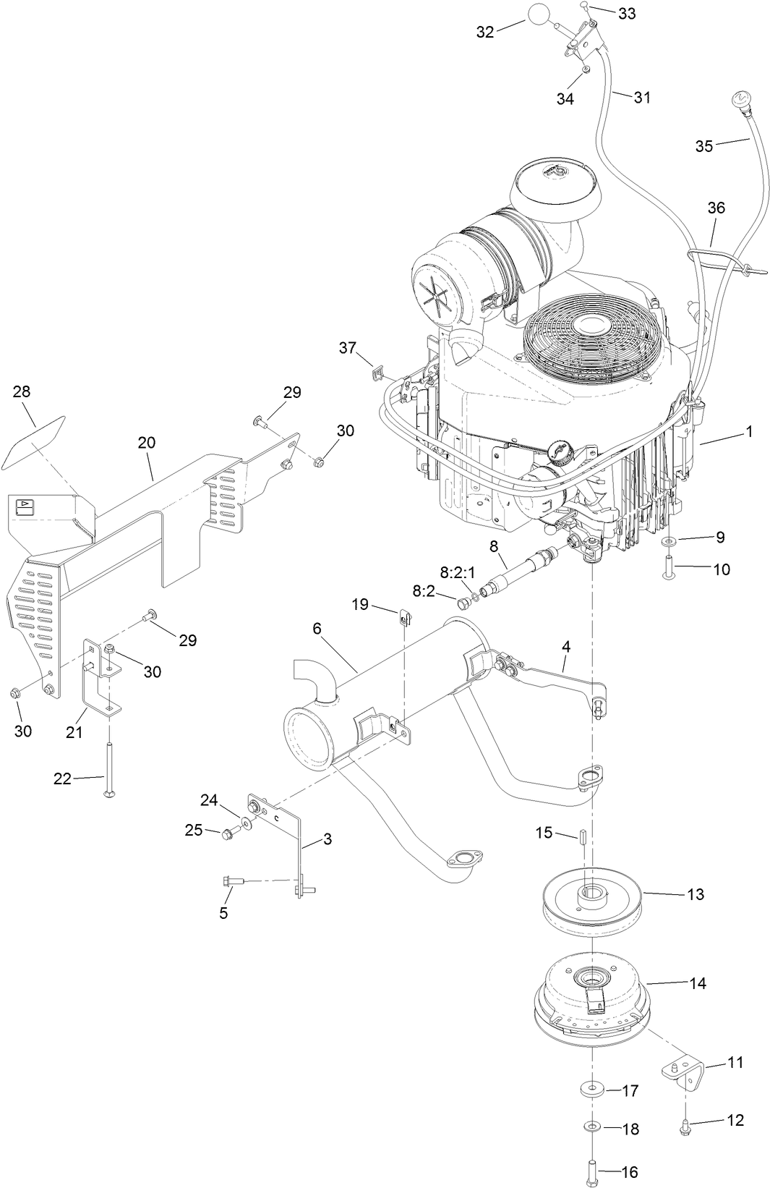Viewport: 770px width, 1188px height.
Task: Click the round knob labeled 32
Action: [x=539, y=14]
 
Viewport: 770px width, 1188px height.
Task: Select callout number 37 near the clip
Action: [x=348, y=348]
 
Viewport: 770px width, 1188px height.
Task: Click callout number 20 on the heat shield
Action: [x=147, y=442]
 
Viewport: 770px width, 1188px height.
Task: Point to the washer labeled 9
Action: [x=670, y=540]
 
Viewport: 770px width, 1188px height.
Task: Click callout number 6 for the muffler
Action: [x=317, y=629]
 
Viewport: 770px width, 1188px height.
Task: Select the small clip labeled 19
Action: [x=405, y=616]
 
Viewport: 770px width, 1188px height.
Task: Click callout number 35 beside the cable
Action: [x=703, y=146]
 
